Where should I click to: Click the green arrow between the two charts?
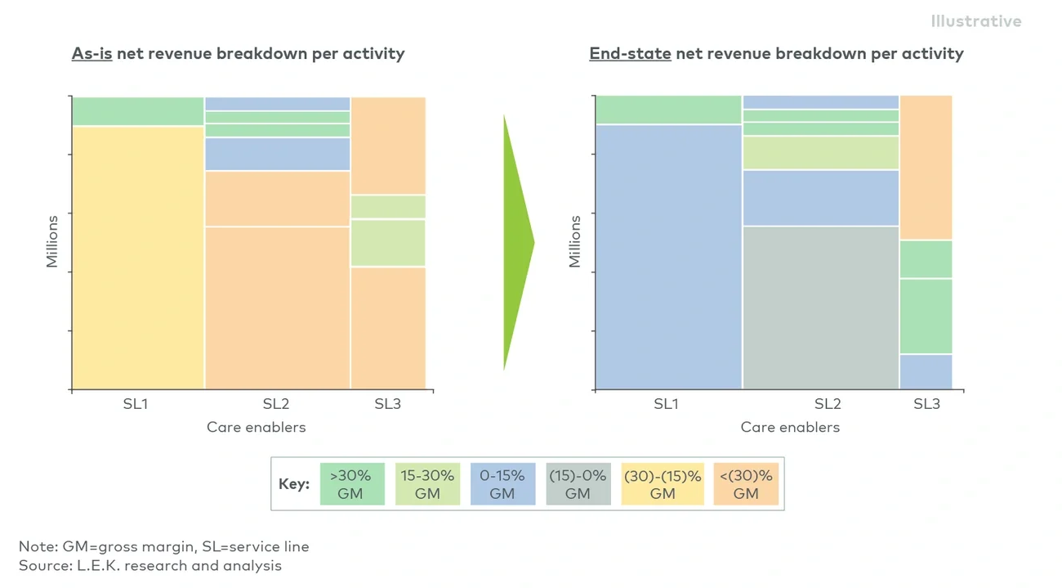[517, 242]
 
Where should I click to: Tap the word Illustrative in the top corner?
[975, 21]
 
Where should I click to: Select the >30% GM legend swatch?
[351, 484]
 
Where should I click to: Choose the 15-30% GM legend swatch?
[427, 484]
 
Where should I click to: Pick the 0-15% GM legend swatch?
[502, 484]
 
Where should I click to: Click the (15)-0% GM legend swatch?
[578, 484]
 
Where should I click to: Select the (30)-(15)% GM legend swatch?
[662, 484]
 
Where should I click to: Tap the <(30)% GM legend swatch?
[746, 484]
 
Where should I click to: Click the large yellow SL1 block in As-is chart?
[138, 258]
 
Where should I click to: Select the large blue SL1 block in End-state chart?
[668, 257]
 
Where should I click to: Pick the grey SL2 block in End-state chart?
[820, 307]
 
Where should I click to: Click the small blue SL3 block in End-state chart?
[926, 371]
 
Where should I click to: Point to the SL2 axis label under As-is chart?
[276, 404]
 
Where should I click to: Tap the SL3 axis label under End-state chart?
[926, 404]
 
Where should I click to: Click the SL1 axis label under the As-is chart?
[135, 404]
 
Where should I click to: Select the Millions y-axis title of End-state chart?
[575, 241]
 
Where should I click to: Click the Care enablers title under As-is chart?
[256, 427]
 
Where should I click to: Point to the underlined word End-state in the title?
[630, 54]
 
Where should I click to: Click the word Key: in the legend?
[294, 484]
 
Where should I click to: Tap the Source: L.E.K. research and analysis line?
[150, 565]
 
